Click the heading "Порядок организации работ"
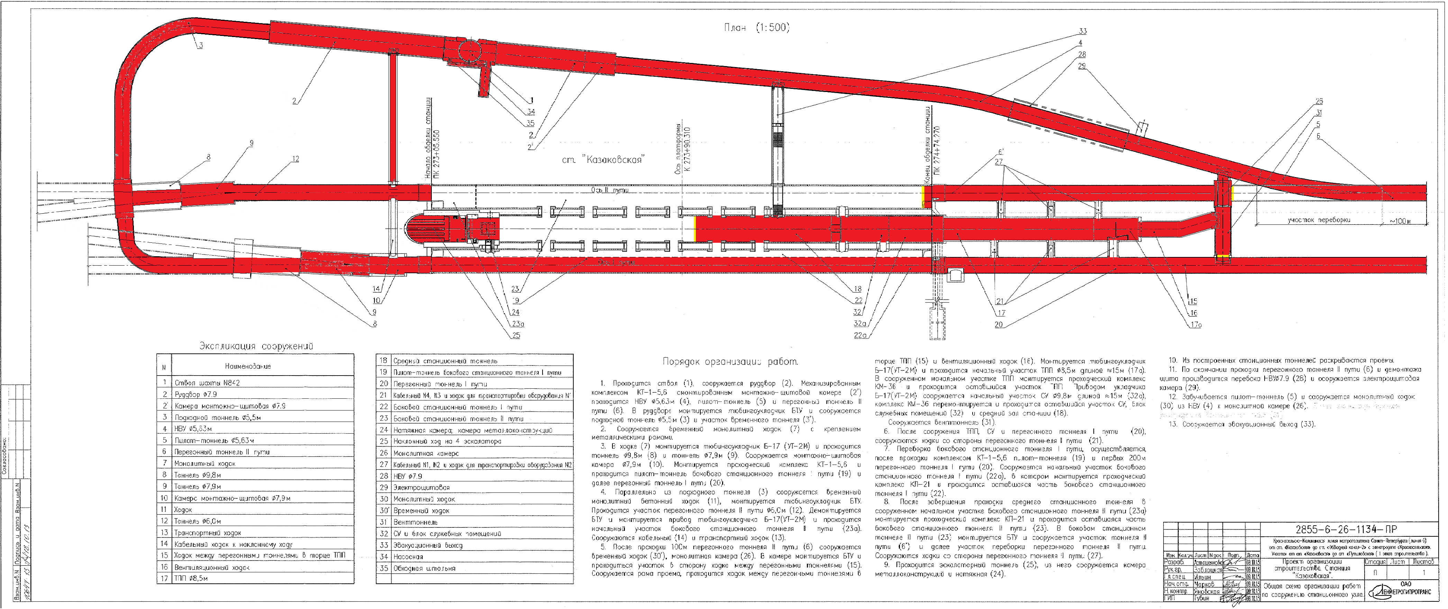(730, 361)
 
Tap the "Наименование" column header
(247, 366)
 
